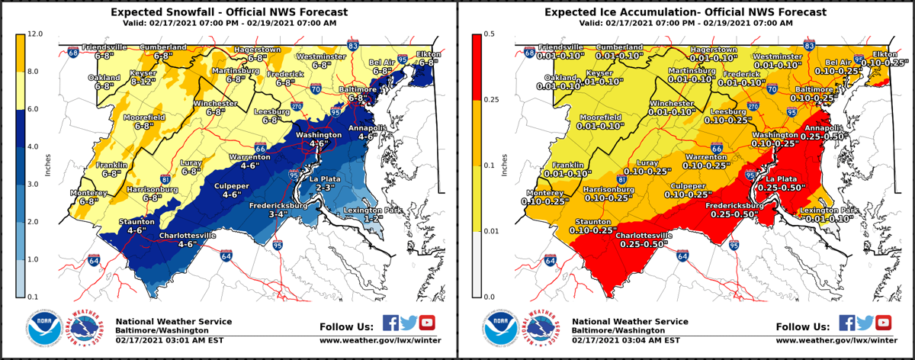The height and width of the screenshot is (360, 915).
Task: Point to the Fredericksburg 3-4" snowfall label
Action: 279,210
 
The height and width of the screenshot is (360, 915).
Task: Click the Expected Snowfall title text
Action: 229,12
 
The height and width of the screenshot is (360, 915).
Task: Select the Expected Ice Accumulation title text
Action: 685,12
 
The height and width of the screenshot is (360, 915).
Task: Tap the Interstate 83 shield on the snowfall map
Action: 352,47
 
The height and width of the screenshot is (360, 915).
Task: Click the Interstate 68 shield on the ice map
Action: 530,53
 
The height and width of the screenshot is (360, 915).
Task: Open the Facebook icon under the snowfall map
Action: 390,323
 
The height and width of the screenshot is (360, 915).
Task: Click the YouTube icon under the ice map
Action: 883,323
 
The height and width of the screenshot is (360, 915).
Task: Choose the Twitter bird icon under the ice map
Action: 865,323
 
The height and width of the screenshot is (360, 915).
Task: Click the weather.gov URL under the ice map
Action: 837,339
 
